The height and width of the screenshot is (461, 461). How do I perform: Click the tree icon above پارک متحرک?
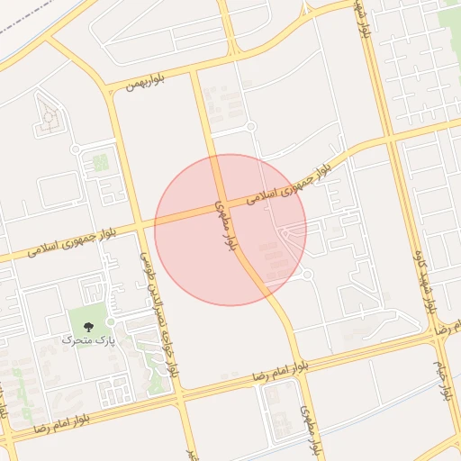tap(87, 326)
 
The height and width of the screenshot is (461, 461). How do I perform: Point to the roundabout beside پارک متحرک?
tap(111, 321)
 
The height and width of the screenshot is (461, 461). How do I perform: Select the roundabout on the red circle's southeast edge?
tap(306, 274)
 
